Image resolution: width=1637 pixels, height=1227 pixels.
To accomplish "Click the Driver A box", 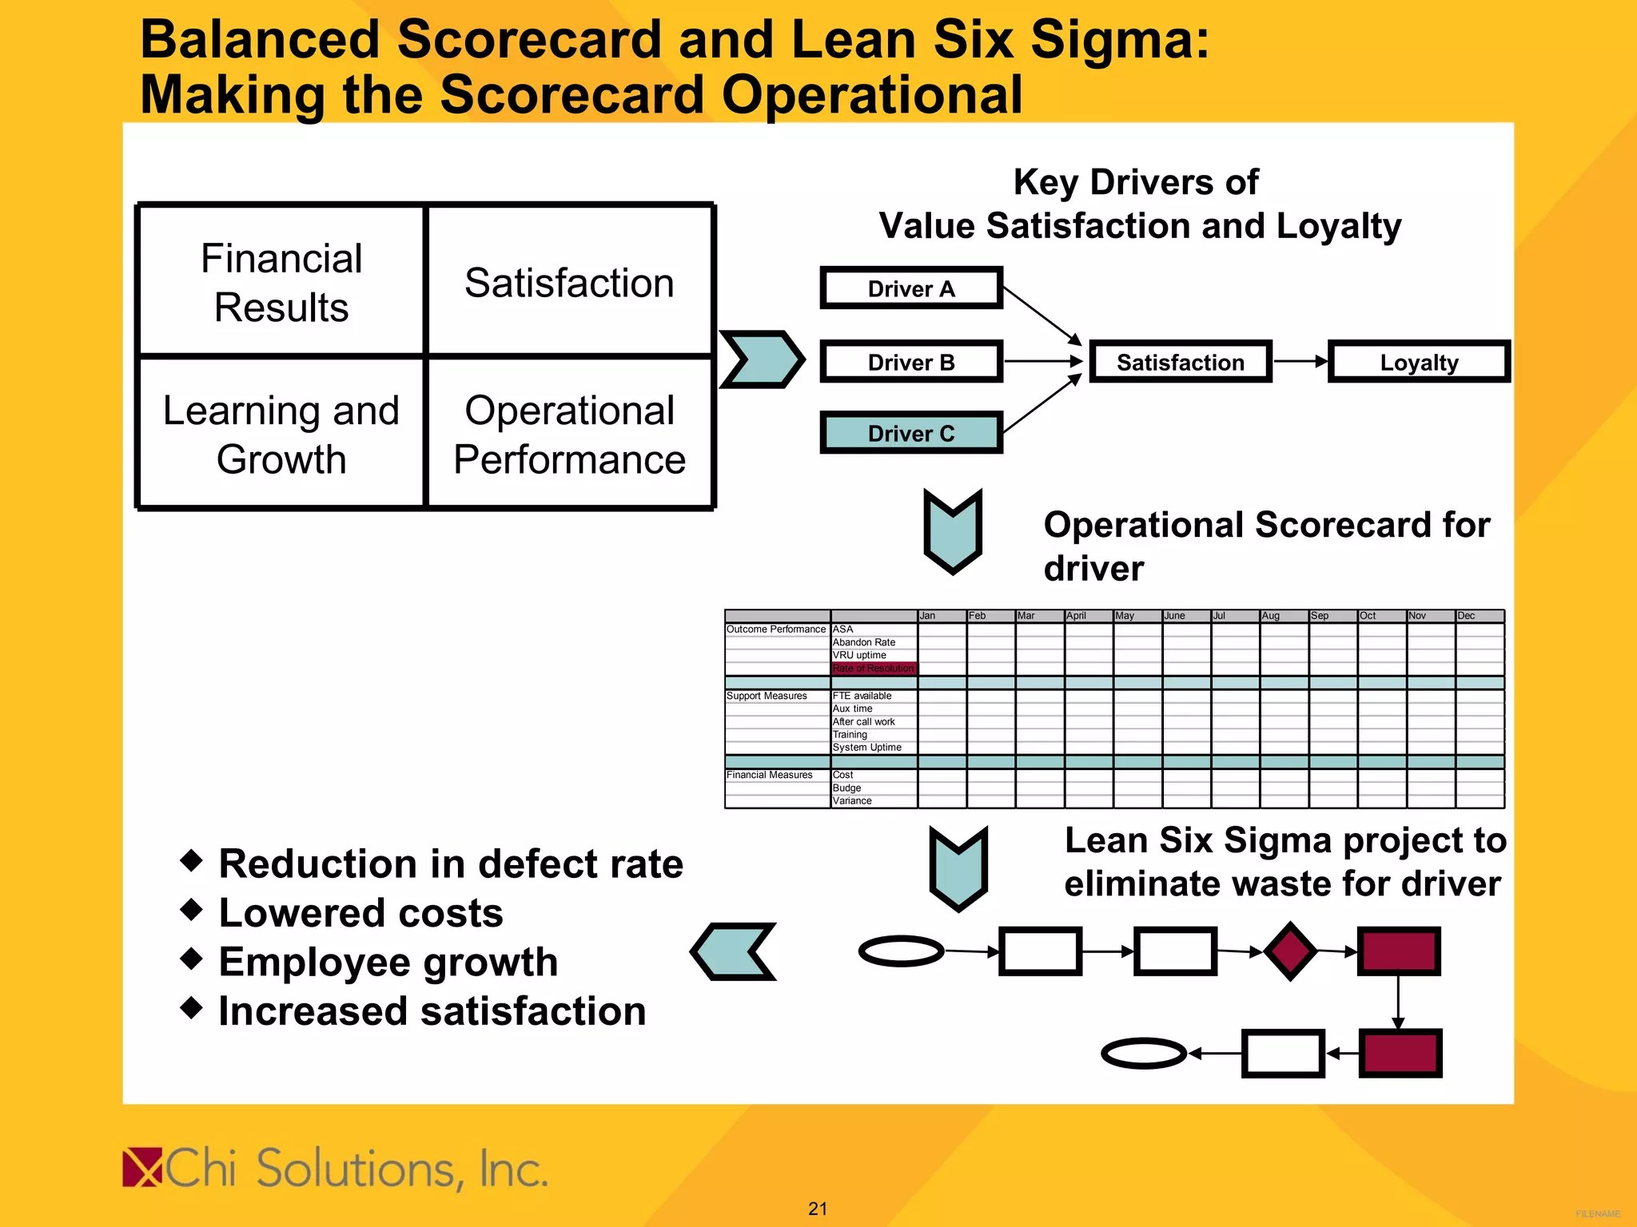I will tap(911, 288).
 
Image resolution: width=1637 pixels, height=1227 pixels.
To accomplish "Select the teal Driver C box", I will tap(911, 433).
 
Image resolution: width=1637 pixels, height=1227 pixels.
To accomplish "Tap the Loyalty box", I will tap(1419, 362).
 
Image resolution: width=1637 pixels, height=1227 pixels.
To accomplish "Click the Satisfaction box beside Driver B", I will tap(1181, 362).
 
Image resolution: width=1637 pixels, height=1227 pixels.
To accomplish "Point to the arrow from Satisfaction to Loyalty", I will tap(1300, 362).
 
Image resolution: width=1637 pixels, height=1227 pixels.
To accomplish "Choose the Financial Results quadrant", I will tap(281, 282).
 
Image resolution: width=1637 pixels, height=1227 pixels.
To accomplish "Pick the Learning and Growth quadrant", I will tap(281, 434).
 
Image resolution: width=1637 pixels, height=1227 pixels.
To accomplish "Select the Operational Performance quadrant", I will tap(569, 434).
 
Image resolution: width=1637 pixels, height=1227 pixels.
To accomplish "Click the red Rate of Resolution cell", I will tap(874, 669).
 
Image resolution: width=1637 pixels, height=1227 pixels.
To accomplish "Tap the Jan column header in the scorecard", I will tap(928, 616).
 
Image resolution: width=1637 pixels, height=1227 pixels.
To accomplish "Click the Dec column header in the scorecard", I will tap(1467, 616).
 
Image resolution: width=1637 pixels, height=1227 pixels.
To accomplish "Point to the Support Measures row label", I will tap(767, 696).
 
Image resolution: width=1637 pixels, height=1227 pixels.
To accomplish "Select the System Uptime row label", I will tap(867, 748).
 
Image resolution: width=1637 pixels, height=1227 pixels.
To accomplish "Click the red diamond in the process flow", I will tap(1290, 951).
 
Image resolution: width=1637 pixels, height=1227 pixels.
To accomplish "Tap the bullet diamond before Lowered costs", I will tap(192, 909).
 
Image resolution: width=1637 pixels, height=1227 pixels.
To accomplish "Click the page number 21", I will tap(818, 1209).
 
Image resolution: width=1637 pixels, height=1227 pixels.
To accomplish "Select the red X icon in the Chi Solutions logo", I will tap(142, 1168).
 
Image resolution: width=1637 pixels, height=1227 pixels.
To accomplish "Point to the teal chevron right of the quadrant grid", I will tap(762, 359).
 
